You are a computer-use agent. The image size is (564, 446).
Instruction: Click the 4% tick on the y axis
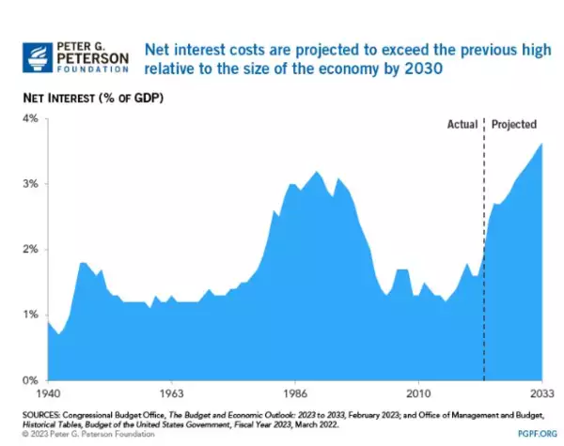[28, 119]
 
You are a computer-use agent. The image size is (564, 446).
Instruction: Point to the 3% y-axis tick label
[28, 184]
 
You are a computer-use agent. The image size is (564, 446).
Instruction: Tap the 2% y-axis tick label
[28, 250]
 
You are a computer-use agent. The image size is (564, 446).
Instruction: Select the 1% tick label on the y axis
[28, 315]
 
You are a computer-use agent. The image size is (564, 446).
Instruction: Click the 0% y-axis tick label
[28, 380]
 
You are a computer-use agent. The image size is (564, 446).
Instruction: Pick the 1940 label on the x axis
[48, 393]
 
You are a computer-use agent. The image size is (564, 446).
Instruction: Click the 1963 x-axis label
[170, 393]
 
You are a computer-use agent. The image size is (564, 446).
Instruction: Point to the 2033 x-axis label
[540, 393]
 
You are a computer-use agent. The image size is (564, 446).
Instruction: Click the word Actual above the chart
[462, 123]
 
